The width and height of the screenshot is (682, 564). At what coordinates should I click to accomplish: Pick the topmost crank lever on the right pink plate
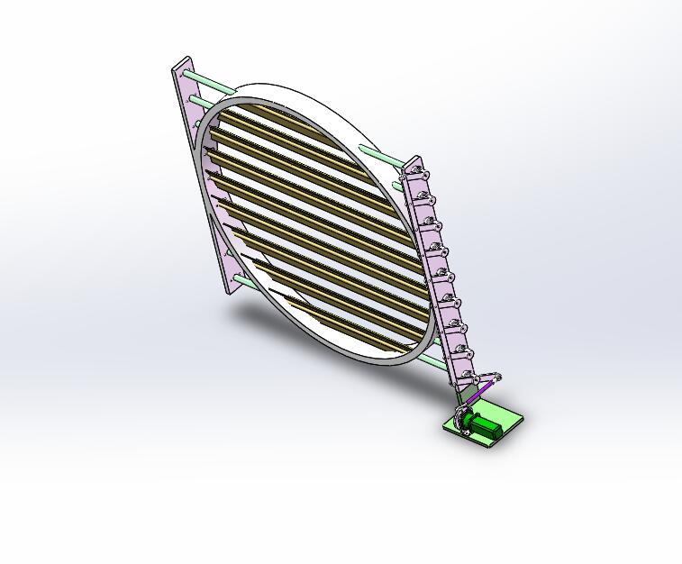click(423, 174)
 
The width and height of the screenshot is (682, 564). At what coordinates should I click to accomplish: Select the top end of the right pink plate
click(414, 161)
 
